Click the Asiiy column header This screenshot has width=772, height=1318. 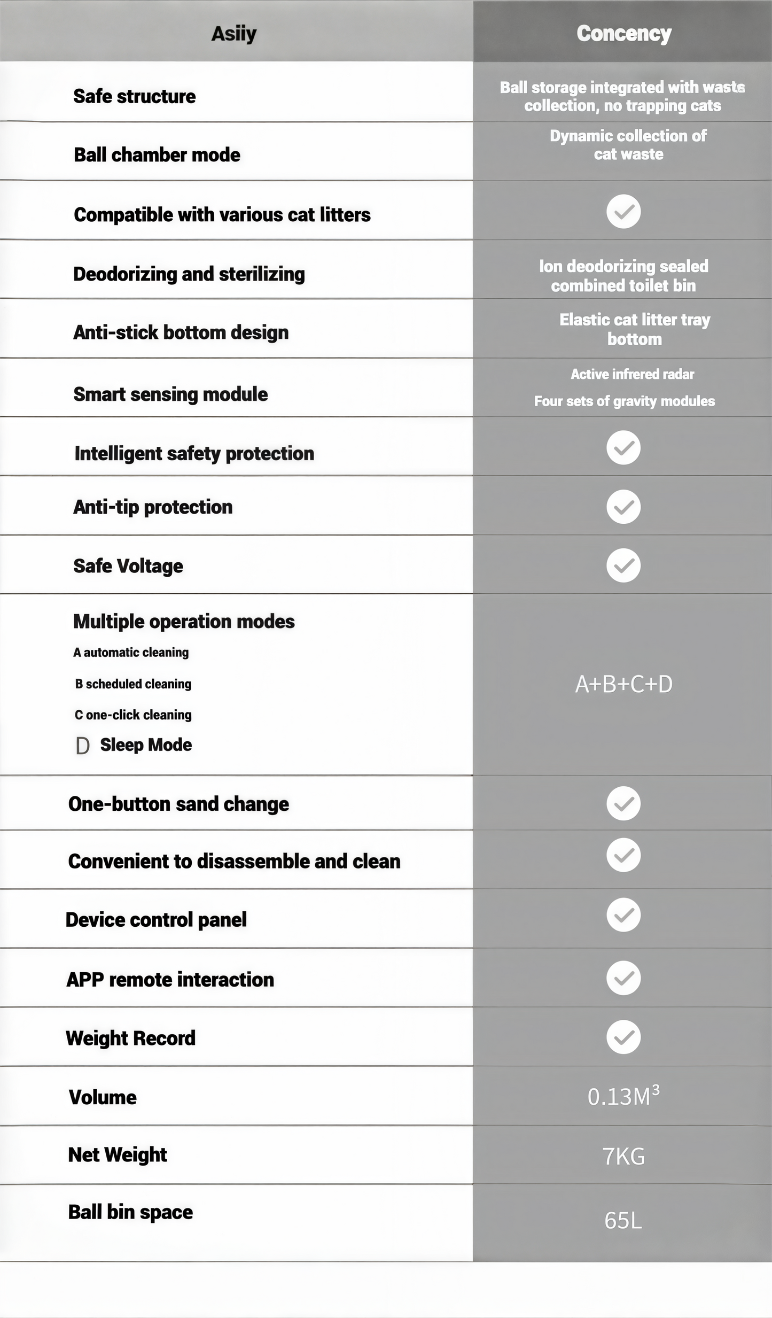[234, 34]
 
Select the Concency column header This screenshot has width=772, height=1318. [623, 34]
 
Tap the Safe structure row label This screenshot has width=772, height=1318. [135, 97]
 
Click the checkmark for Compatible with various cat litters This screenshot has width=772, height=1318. [623, 212]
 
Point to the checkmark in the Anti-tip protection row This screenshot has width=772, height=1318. [623, 507]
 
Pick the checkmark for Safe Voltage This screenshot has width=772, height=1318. [623, 565]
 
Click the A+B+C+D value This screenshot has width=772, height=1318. [623, 684]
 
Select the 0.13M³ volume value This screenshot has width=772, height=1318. [623, 1097]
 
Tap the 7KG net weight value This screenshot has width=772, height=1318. [623, 1157]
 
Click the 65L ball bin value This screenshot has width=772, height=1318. [623, 1221]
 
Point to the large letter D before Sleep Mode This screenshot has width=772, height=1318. [82, 746]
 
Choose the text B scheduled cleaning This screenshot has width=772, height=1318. [133, 684]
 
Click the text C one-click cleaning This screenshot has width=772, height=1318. [133, 715]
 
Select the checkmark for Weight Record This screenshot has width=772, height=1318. [623, 1037]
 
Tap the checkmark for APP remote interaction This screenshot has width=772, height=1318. [623, 978]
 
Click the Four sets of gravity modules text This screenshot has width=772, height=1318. [624, 401]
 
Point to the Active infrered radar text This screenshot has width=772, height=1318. [632, 374]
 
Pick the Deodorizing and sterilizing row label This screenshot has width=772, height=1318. [189, 274]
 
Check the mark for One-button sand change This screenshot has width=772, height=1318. [623, 803]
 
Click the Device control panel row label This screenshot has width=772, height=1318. [156, 920]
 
